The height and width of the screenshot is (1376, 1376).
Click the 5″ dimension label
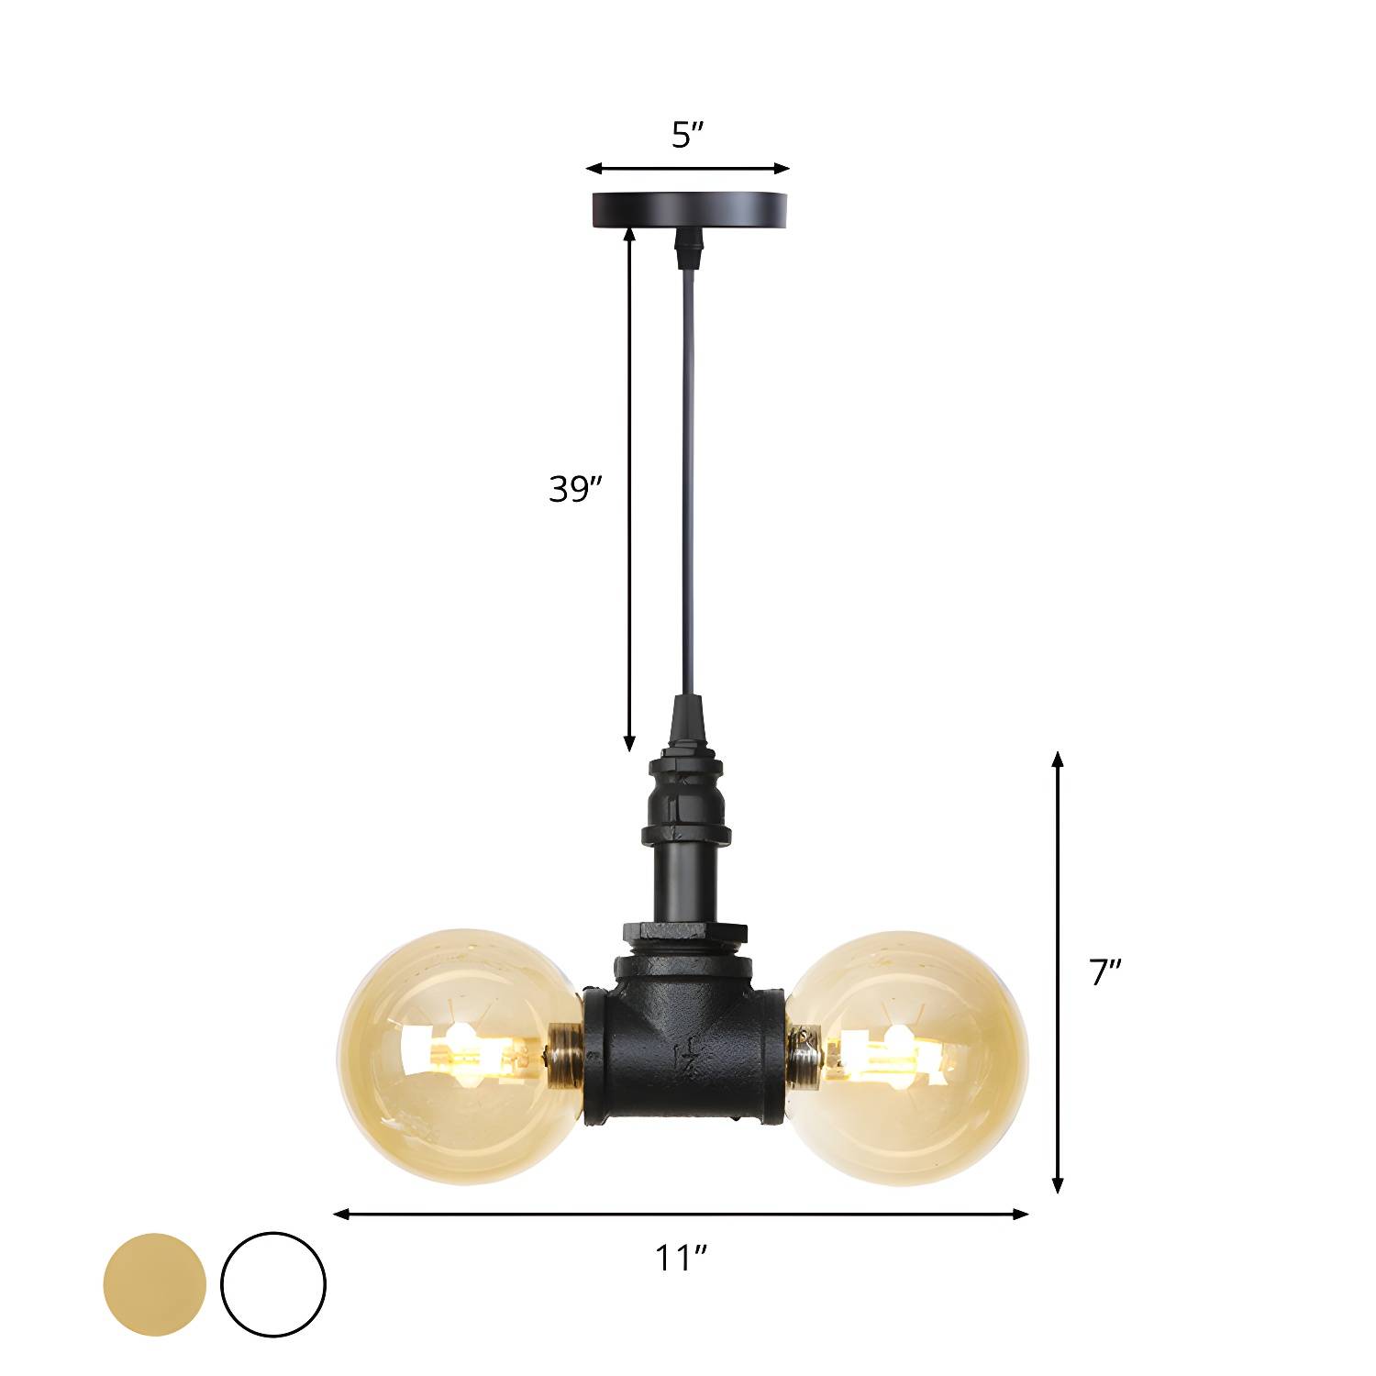click(687, 136)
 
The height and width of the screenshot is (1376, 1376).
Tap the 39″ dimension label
click(575, 490)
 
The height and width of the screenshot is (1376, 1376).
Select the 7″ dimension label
click(1105, 972)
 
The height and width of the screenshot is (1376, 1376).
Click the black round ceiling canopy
click(688, 209)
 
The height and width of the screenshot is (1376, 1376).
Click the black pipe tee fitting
click(682, 1037)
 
